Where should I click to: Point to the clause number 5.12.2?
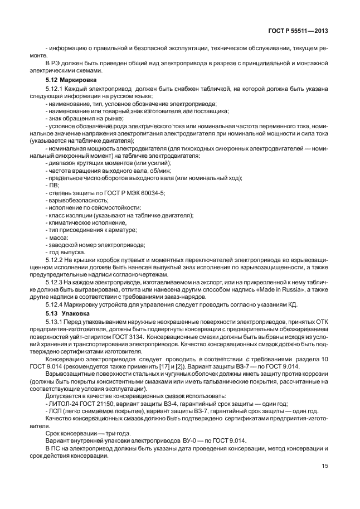54,260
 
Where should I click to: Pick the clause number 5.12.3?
54,283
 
